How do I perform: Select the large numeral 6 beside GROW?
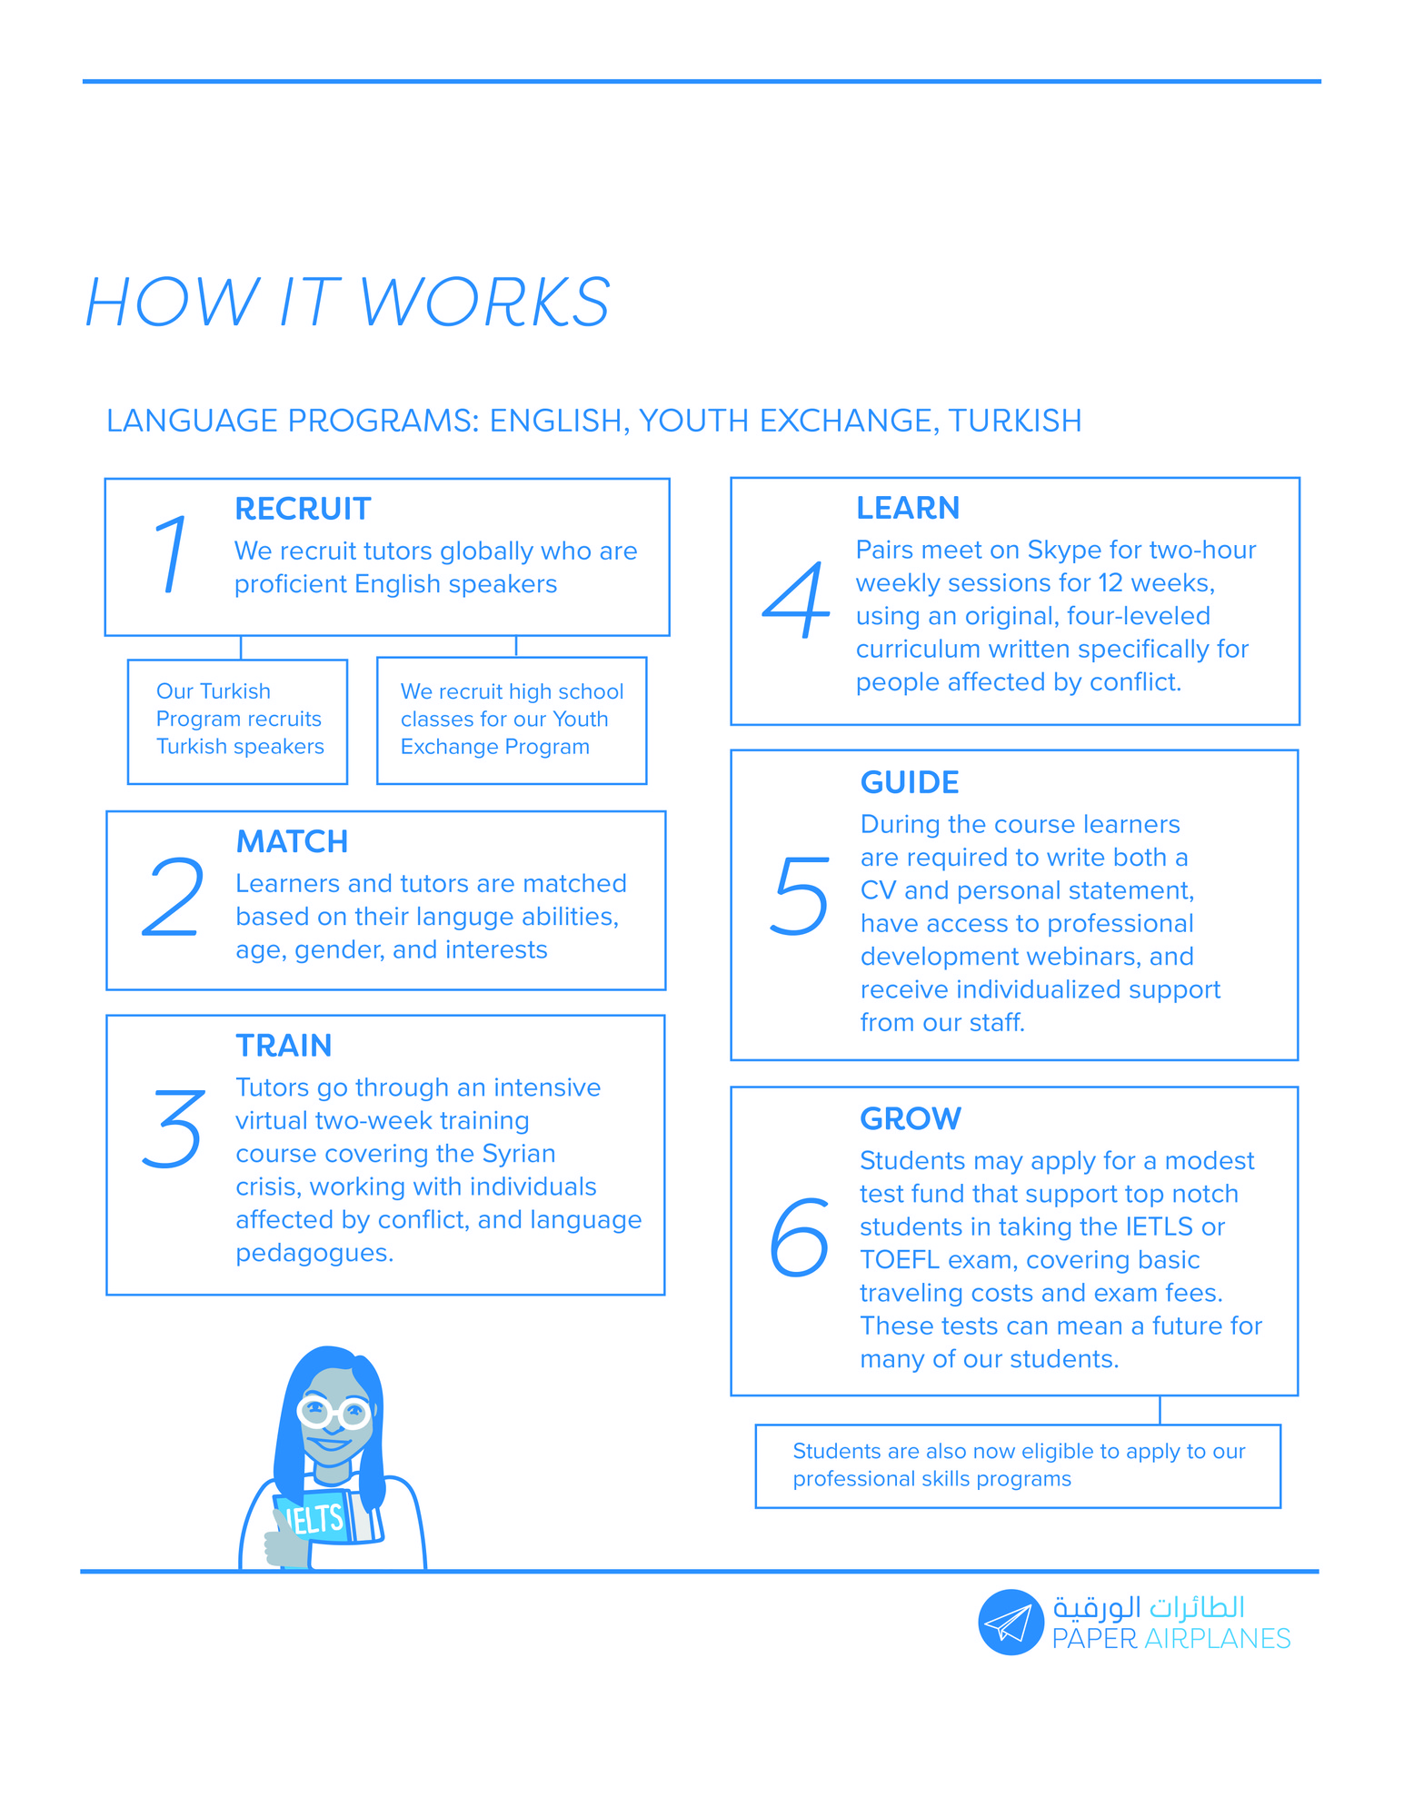coord(799,1236)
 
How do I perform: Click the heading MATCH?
coord(292,841)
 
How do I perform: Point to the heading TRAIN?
coord(284,1046)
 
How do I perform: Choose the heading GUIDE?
coord(910,782)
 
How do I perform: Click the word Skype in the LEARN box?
coord(1060,551)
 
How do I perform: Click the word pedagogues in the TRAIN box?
coord(314,1254)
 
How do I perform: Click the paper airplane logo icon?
coord(1010,1622)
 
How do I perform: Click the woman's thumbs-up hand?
coord(285,1540)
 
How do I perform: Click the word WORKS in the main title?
coord(485,302)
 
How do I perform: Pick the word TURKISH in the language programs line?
coord(1015,421)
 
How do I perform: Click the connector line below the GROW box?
coord(1160,1410)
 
